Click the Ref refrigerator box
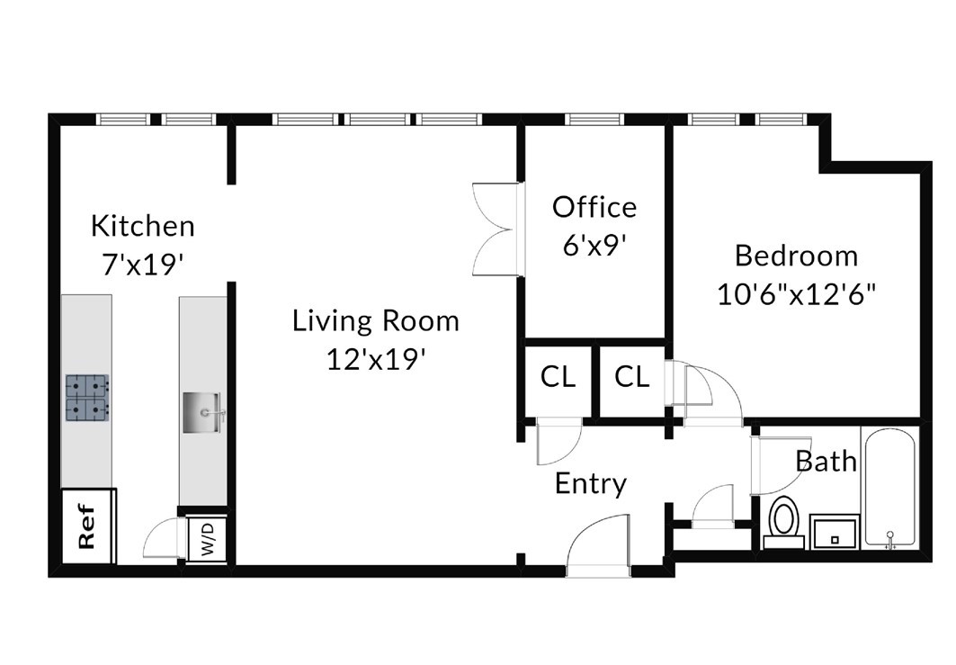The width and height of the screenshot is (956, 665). (89, 526)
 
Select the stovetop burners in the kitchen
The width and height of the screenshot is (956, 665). (88, 398)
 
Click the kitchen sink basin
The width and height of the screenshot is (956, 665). (204, 412)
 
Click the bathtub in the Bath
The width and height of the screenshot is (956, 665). (890, 487)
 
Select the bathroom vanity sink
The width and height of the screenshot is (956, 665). (835, 533)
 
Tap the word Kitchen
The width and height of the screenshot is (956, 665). (143, 226)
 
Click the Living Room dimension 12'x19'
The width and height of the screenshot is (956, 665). (376, 359)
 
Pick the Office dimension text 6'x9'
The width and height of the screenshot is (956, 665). (594, 246)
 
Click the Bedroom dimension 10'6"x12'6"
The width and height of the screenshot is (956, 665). (796, 294)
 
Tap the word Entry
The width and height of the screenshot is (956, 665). (591, 484)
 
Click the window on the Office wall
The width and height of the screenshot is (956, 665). (594, 119)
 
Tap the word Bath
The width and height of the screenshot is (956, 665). (826, 462)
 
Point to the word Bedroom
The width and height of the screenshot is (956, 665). (796, 256)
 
